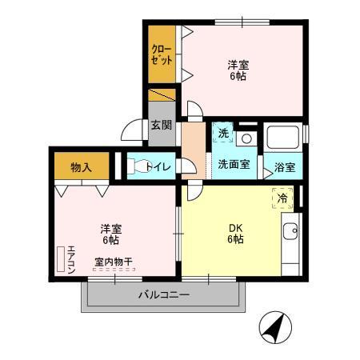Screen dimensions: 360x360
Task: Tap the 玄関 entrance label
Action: tap(161, 125)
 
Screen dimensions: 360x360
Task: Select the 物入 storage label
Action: tap(81, 167)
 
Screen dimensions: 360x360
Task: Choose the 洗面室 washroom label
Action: tap(234, 164)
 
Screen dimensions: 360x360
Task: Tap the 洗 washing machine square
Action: tap(224, 133)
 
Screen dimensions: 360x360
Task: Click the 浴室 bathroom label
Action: tap(286, 167)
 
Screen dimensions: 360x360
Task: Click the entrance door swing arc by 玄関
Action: tap(133, 130)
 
